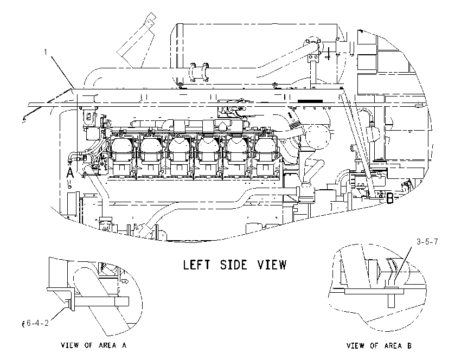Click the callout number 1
(46, 52)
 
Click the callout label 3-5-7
(427, 242)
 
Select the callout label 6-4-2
(37, 323)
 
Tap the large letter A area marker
(69, 172)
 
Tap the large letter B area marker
(389, 198)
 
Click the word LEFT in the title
(197, 265)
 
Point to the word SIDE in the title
(234, 265)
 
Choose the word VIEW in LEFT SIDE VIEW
(272, 265)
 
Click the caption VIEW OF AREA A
(93, 345)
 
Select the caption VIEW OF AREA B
(379, 345)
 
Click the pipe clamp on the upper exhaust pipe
(199, 72)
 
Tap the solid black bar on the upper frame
(310, 101)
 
